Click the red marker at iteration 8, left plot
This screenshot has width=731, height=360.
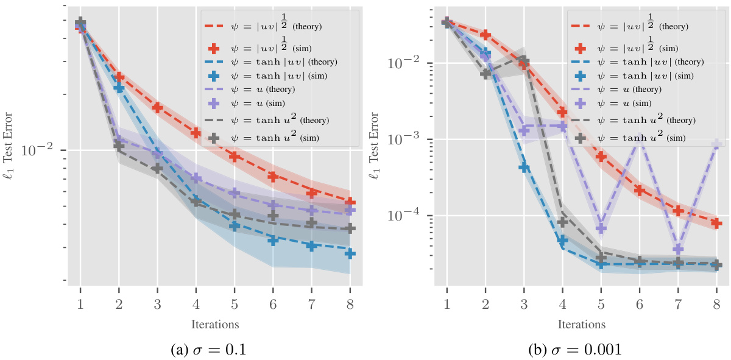click(350, 202)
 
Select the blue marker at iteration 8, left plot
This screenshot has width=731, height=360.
click(350, 253)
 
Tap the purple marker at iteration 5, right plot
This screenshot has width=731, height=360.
click(601, 228)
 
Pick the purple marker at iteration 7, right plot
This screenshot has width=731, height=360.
click(678, 249)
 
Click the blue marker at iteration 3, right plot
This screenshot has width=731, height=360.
click(524, 167)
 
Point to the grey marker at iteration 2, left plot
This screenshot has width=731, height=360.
click(119, 146)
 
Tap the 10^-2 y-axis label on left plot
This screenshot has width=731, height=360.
click(40, 150)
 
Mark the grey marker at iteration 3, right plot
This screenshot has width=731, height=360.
click(524, 62)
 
